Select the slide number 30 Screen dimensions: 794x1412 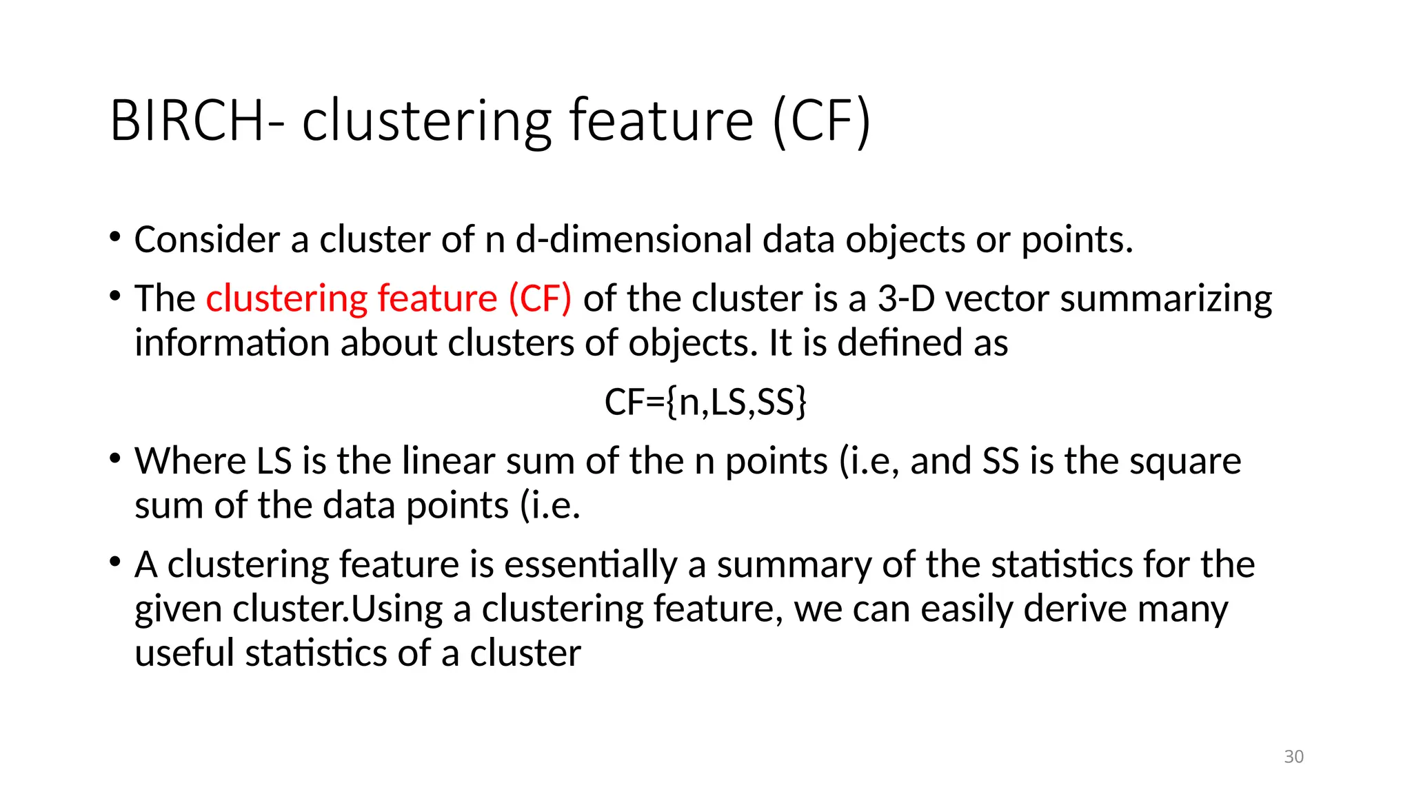[1293, 756]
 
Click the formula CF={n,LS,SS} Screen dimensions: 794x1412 [705, 402]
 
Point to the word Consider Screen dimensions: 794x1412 [207, 240]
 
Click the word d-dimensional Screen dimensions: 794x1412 [634, 240]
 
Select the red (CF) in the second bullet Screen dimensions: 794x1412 [540, 299]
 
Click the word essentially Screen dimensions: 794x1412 [591, 565]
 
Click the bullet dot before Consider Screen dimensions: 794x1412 [114, 238]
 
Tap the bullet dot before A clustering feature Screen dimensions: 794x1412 [114, 562]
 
